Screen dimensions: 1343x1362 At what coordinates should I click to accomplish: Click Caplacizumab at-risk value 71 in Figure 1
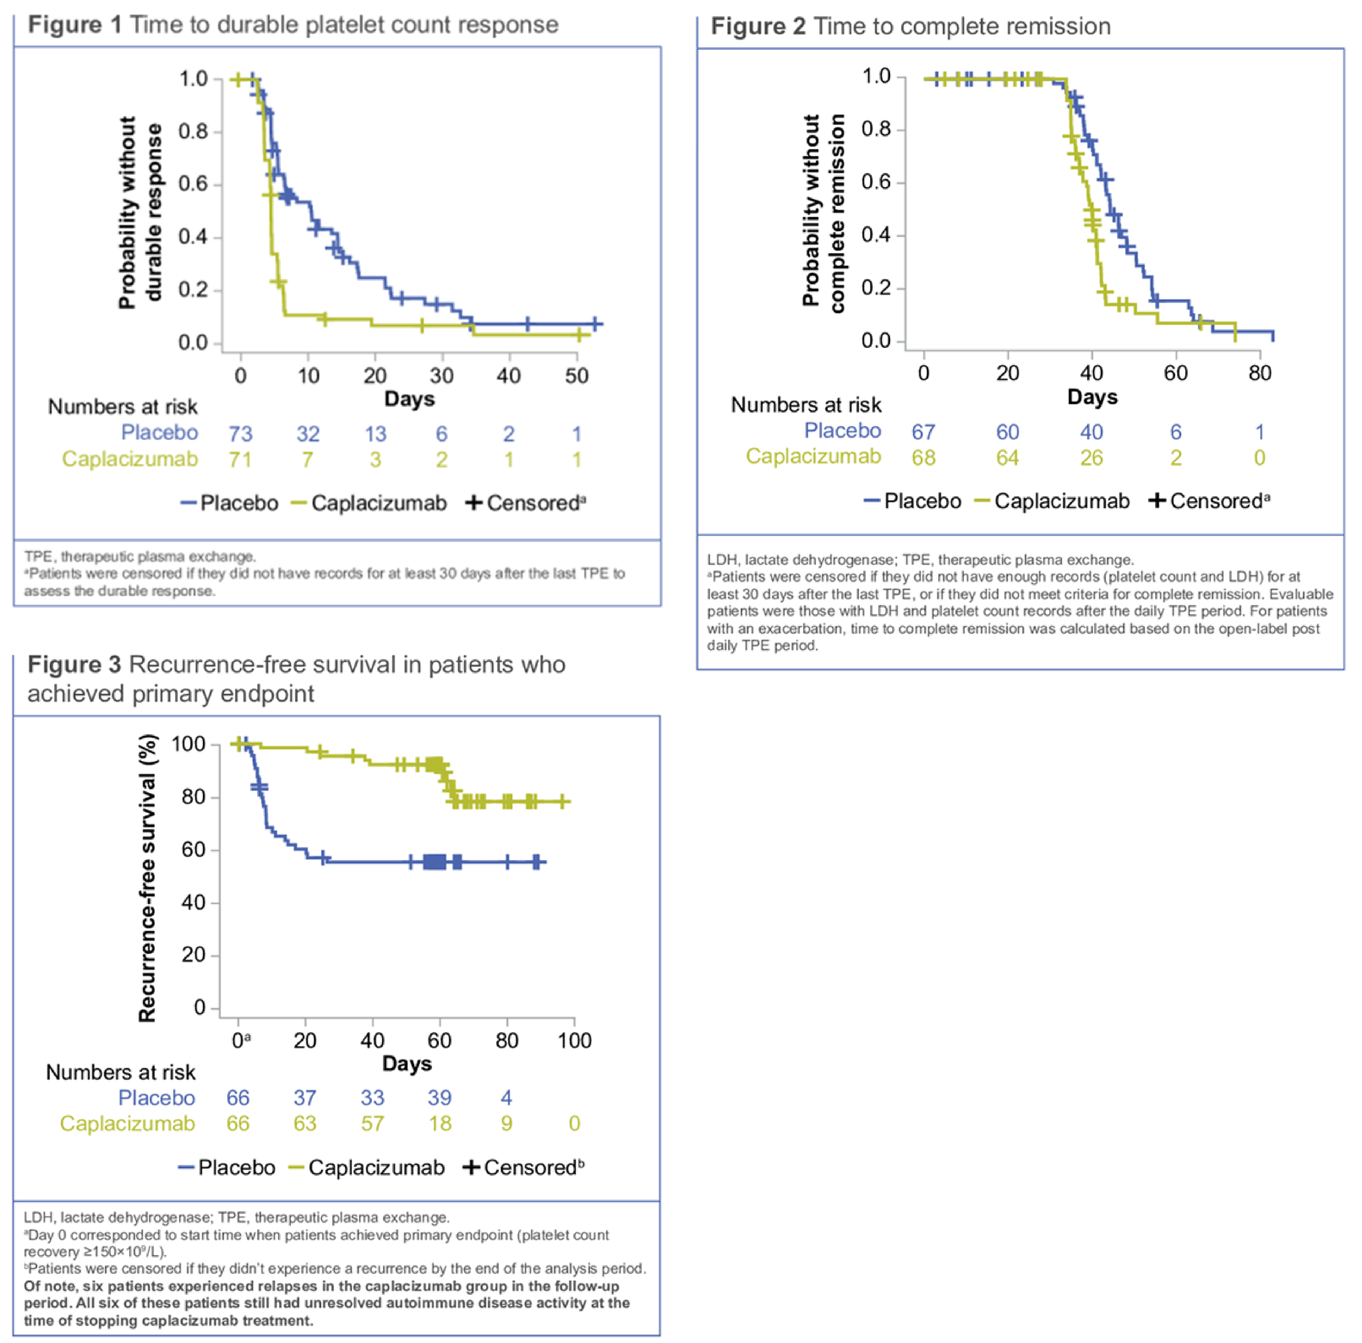[240, 460]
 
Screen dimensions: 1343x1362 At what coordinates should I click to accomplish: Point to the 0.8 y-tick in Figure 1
[193, 132]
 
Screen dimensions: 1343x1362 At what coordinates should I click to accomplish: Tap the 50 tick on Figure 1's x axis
[576, 376]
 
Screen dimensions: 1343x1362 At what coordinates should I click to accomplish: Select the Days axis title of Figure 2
[1092, 397]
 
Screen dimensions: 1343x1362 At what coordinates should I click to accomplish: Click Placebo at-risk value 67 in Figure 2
[923, 431]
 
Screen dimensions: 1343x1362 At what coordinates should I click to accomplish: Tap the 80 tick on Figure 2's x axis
[1259, 373]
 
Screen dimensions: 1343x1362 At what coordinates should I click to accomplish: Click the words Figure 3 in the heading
[74, 664]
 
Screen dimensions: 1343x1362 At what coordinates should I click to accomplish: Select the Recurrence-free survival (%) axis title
[147, 878]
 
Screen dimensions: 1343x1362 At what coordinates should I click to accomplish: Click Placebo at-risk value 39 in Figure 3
[439, 1097]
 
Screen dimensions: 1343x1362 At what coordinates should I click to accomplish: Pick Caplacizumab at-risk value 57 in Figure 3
[373, 1124]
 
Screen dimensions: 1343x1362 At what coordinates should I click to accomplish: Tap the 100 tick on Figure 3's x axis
[574, 1041]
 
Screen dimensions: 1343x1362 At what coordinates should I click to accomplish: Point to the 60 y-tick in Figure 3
[193, 850]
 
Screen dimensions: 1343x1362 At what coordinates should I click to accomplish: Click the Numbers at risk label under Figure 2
[806, 405]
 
